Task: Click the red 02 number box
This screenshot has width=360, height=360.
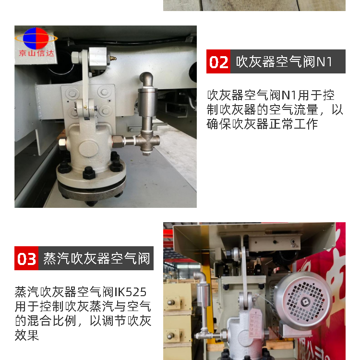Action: click(x=218, y=61)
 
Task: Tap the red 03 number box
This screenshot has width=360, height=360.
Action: click(x=26, y=258)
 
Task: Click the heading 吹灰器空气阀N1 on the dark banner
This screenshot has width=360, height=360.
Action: click(x=284, y=62)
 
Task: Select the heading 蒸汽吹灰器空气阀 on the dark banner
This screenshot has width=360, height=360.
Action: click(x=96, y=259)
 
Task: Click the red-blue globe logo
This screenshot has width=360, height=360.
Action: click(x=36, y=38)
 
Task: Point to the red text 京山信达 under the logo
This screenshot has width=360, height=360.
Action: click(x=36, y=53)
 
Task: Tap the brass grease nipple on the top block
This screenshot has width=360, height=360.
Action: click(x=113, y=58)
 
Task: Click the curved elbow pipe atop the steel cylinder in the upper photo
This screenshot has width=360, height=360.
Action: click(x=146, y=79)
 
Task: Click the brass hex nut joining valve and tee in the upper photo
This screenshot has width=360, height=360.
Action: click(x=119, y=141)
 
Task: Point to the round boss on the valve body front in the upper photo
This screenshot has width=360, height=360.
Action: click(x=89, y=149)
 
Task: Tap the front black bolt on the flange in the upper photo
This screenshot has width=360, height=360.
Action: click(x=89, y=173)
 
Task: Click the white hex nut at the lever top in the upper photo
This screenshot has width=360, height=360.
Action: click(x=76, y=58)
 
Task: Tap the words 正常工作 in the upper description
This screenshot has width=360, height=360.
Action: click(x=293, y=124)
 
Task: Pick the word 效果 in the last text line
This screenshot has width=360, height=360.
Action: click(x=27, y=336)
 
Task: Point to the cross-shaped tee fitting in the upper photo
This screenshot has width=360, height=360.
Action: click(x=147, y=142)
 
